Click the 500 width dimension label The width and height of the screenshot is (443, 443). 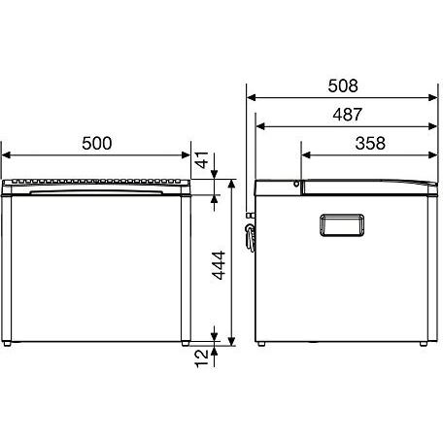[x=97, y=143]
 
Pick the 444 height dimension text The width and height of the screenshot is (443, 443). [x=221, y=261]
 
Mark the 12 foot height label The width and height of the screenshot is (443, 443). [x=201, y=357]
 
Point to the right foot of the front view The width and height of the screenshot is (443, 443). [x=186, y=343]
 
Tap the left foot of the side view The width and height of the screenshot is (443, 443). [x=262, y=343]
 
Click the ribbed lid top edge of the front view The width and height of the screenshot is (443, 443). [x=97, y=181]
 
